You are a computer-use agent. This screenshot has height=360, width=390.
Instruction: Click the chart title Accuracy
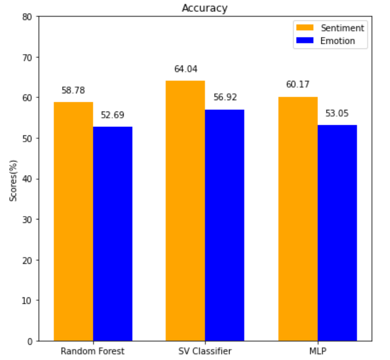point(204,8)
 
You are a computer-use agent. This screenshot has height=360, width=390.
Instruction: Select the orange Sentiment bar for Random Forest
point(73,221)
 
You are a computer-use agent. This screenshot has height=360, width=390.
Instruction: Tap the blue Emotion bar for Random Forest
point(113,234)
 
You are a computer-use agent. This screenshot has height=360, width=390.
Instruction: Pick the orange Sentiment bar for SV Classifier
point(185,210)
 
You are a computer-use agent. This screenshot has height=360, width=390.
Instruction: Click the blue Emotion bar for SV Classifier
point(224,225)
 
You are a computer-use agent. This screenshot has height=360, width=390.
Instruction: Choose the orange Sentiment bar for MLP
point(298,218)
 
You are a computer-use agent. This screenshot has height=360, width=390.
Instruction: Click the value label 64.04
point(185,69)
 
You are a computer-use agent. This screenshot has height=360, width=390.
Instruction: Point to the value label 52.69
point(113,115)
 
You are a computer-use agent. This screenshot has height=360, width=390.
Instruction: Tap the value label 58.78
point(73,90)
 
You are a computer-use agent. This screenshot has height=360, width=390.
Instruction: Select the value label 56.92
point(224,97)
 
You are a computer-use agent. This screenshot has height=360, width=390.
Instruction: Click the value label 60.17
point(298,85)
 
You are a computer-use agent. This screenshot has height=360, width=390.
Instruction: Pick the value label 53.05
point(337,113)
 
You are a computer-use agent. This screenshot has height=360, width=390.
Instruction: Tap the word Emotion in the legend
point(338,40)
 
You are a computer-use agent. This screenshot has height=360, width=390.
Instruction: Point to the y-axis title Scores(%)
point(13,179)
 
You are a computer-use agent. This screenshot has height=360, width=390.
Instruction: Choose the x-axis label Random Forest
point(92,351)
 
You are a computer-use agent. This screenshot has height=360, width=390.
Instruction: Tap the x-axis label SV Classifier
point(205,351)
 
